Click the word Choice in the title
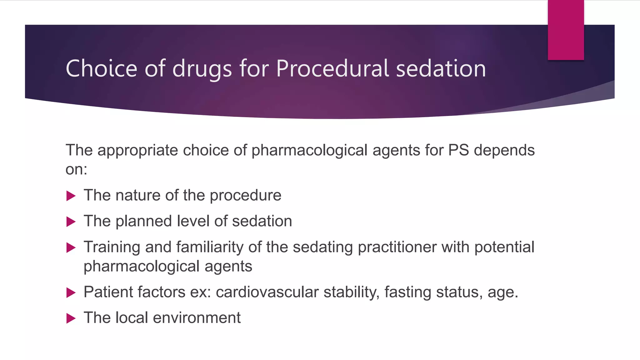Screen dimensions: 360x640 102,68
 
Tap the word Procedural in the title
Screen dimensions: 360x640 332,68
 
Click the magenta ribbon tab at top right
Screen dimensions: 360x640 566,30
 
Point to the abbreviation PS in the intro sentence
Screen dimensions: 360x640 458,150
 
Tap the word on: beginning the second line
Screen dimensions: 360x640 76,170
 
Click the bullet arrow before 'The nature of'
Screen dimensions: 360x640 71,196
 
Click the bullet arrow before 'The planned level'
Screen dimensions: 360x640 71,222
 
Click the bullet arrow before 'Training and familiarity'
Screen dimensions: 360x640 71,248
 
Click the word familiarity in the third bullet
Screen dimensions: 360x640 210,247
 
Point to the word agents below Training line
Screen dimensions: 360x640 228,267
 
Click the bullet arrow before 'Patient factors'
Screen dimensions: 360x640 71,293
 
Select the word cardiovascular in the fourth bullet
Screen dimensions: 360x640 267,292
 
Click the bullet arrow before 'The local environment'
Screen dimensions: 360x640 71,319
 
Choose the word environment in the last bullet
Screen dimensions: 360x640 197,318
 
